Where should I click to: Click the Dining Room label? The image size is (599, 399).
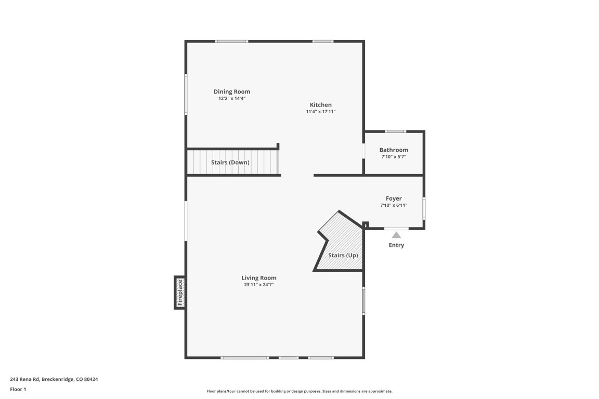coord(231,91)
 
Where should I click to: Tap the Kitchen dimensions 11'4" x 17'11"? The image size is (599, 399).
coord(320,111)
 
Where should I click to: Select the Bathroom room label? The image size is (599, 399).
coord(394,150)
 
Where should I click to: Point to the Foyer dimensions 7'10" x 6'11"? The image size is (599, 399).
coord(394,205)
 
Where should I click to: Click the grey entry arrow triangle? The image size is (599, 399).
coord(396,235)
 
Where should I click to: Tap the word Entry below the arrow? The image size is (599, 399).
coord(396,245)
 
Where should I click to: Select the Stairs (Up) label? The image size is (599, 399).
coord(343,255)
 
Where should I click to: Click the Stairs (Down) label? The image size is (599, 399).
coord(230,162)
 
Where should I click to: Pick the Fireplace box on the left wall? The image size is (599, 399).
coord(180,292)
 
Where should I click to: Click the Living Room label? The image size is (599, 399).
coord(259,278)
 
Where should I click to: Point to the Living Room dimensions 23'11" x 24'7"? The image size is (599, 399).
coord(259,285)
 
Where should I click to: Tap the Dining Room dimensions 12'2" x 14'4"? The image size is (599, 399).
coord(231,98)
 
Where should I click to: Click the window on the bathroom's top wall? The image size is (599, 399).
coord(396,131)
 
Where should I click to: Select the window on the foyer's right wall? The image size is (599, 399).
coord(424,208)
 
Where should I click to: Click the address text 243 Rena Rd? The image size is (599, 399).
coord(54,379)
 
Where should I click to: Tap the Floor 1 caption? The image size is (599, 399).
coord(18,389)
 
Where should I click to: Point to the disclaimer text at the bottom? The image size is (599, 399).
coord(299,391)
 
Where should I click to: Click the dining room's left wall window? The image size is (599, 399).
coord(186,94)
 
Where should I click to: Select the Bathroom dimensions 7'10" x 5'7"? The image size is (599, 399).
coord(394,156)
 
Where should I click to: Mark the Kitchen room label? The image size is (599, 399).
coord(320,104)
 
